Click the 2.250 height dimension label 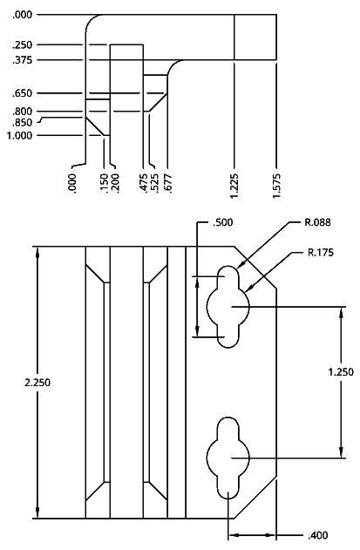coord(37,383)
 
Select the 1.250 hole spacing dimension coord(341,372)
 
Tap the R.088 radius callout coord(317,222)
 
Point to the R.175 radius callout coord(321,253)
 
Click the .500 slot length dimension coord(222,222)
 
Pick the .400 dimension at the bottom coord(318,535)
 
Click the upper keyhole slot coord(228,306)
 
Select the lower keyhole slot coord(228,458)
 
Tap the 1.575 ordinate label coord(277,186)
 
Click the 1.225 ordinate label coord(234,186)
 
